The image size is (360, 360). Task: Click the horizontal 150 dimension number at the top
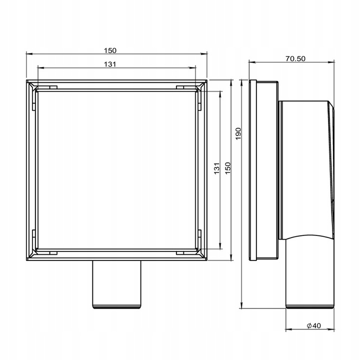point(110,50)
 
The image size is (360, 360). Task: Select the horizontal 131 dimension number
point(110,64)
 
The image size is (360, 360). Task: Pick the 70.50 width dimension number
point(295,58)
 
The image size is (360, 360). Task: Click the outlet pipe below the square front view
point(116,285)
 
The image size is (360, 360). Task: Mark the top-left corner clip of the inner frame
point(35,90)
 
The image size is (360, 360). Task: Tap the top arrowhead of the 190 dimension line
point(242,81)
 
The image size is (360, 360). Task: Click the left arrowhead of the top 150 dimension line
point(27,54)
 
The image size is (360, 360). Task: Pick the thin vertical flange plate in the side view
point(253,170)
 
